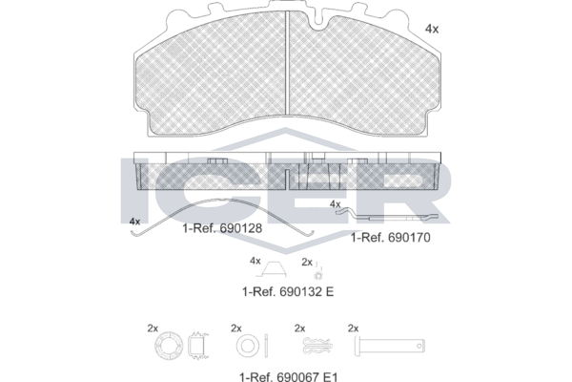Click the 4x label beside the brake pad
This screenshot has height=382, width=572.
pyautogui.click(x=432, y=29)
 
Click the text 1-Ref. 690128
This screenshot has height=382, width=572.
pyautogui.click(x=222, y=228)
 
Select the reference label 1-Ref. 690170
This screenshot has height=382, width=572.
pyautogui.click(x=390, y=238)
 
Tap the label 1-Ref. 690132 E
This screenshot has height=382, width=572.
pyautogui.click(x=288, y=291)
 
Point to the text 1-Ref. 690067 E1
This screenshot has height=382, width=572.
pyautogui.click(x=289, y=376)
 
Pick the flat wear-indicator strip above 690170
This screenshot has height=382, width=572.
pyautogui.click(x=390, y=216)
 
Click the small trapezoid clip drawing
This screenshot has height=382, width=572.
pyautogui.click(x=272, y=269)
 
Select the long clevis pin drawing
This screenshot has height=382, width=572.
pyautogui.click(x=390, y=346)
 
